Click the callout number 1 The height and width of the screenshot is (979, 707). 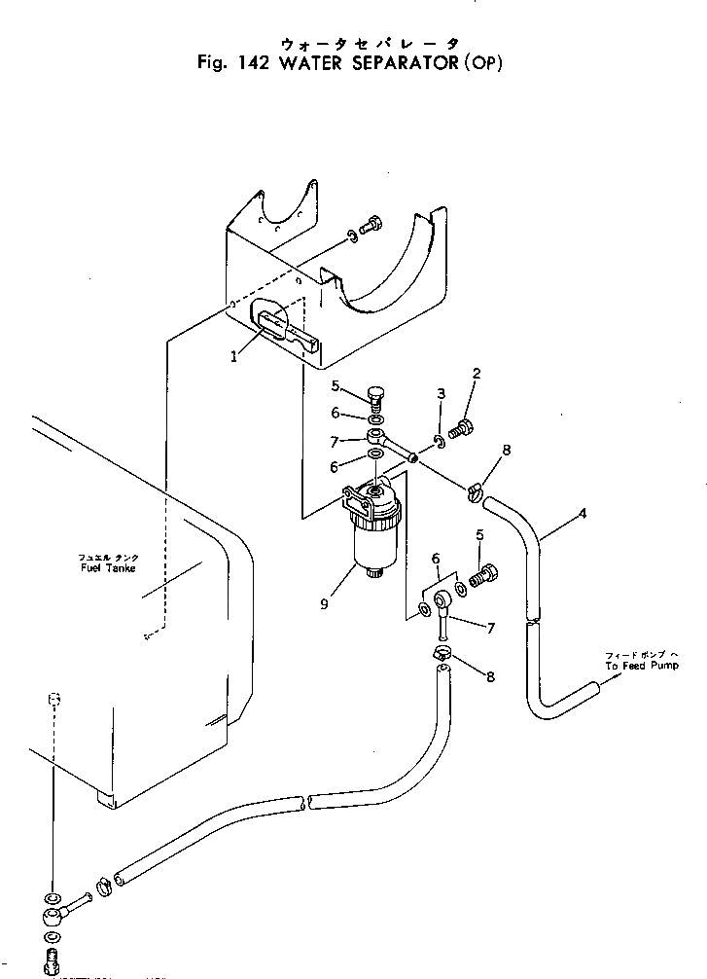coord(233,356)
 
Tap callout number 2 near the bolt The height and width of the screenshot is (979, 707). coord(477,373)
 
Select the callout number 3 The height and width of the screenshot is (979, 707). coord(441,394)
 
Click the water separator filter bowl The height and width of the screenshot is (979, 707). coord(374,545)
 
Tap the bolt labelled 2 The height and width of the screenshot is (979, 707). coord(464,425)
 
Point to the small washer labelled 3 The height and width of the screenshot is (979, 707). coord(440,444)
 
